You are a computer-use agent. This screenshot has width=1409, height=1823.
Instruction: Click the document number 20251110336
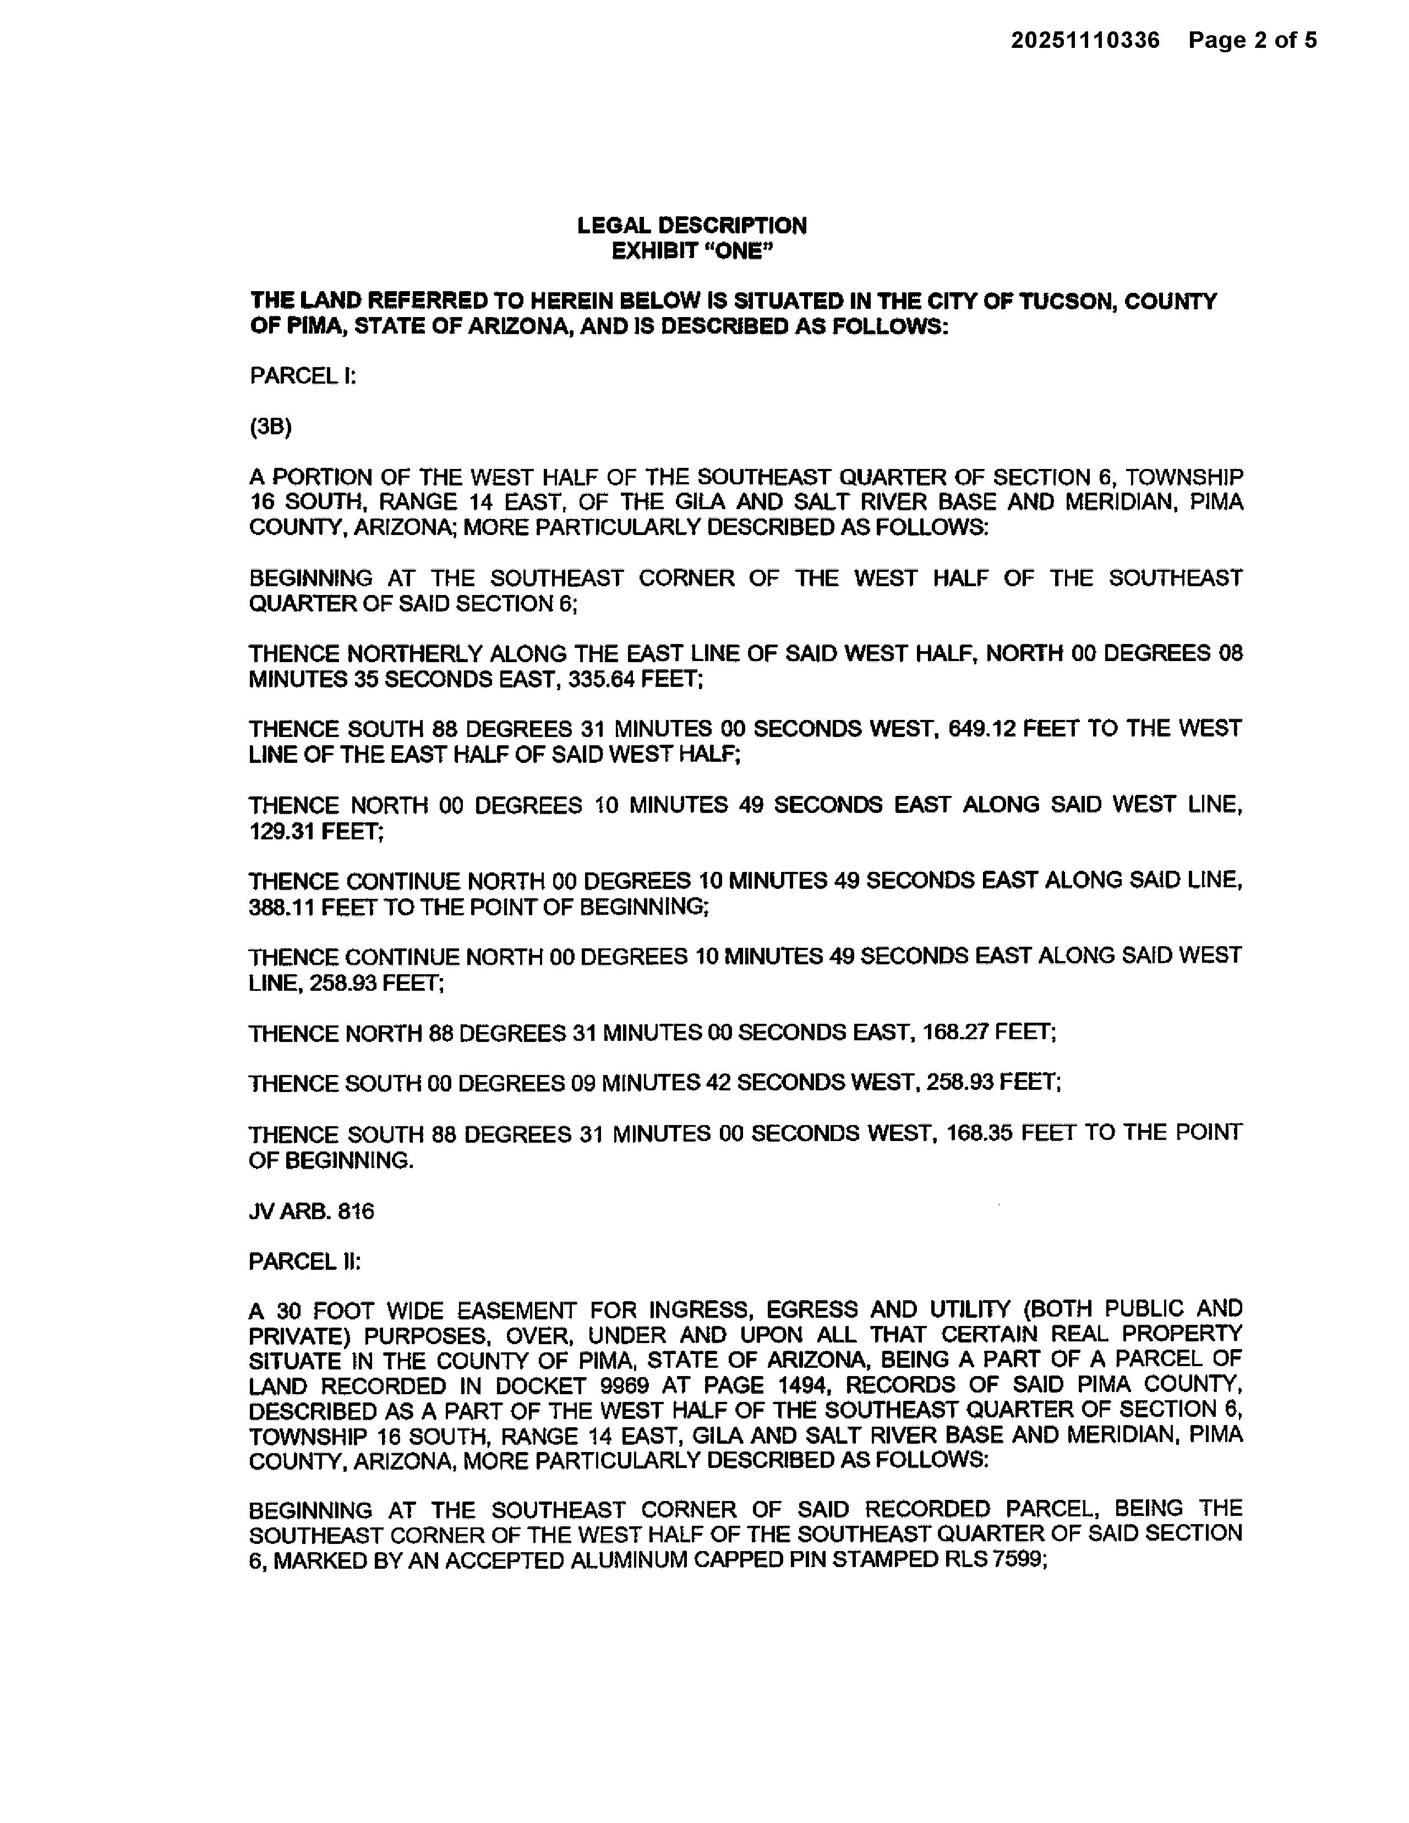1085,40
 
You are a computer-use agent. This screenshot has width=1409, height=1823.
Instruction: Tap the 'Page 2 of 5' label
1252,40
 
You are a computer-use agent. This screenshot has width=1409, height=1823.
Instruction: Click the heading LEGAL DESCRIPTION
692,225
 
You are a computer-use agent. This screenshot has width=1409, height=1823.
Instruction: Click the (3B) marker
270,427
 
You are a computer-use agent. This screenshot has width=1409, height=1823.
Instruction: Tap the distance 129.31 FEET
315,831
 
